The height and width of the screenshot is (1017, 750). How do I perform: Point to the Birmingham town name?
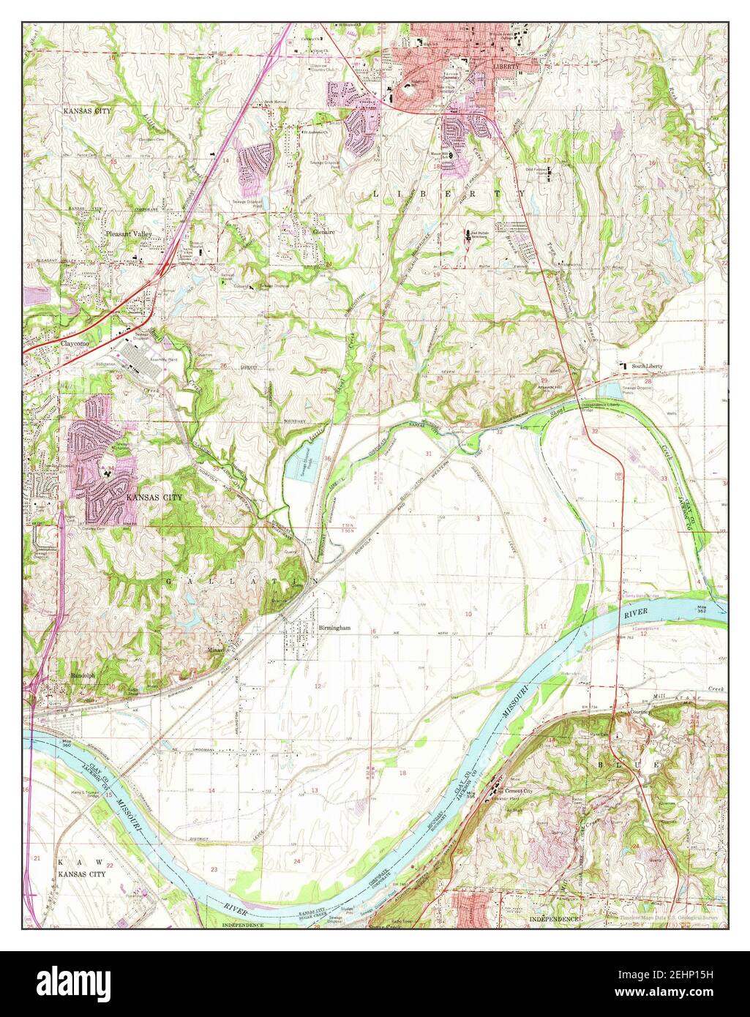pos(335,628)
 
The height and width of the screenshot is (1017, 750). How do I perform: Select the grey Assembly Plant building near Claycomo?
pos(144,361)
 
